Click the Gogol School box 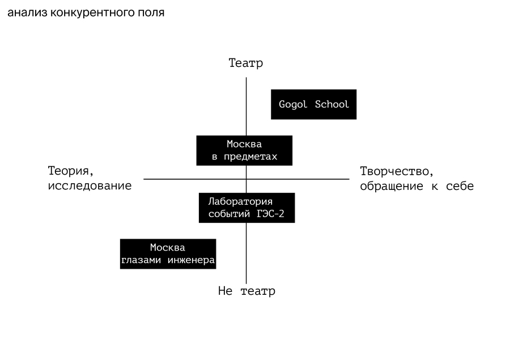coord(313,104)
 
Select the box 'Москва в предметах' coord(244,150)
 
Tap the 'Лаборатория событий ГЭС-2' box coord(246,207)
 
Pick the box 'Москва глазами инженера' coord(168,253)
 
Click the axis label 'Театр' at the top coord(246,63)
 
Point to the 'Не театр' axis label coord(246,291)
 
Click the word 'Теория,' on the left coord(70,172)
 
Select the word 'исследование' coord(90,186)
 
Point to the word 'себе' coord(460,186)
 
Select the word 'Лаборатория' coord(240,201)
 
